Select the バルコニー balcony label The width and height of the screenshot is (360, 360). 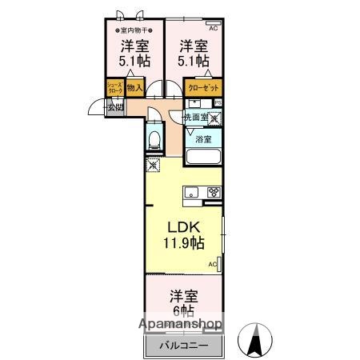pos(182,345)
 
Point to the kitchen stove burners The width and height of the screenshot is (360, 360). pos(214,191)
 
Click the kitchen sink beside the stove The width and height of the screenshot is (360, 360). pos(192,191)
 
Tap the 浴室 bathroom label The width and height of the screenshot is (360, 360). pos(204,138)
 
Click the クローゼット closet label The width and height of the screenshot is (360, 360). pos(204,89)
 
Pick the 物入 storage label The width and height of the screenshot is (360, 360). pos(135,87)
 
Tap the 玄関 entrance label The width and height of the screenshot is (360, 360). pos(115,106)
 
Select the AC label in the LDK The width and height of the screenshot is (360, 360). pos(213,263)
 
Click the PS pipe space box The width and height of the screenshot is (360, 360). pos(218,102)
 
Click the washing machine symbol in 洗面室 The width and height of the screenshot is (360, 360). pos(214,117)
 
